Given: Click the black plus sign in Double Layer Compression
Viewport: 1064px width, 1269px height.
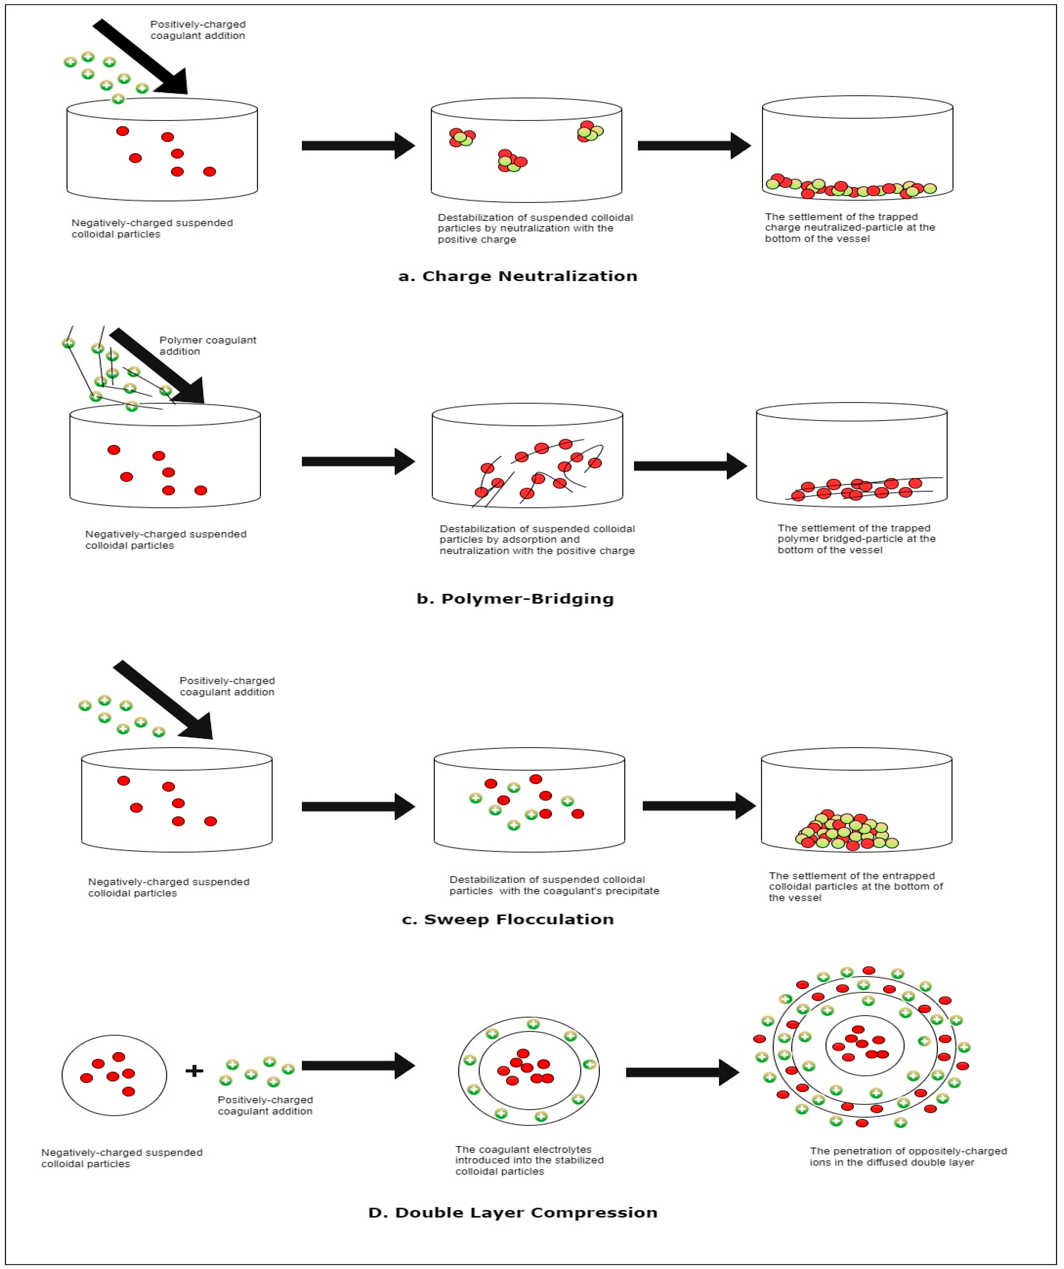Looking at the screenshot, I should pyautogui.click(x=194, y=1071).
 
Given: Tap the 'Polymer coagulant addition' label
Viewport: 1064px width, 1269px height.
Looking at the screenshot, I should pyautogui.click(x=207, y=346).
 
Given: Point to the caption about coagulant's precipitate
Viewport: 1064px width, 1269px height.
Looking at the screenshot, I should pyautogui.click(x=553, y=885).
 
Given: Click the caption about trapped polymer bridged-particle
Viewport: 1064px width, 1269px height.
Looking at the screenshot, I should pyautogui.click(x=856, y=539).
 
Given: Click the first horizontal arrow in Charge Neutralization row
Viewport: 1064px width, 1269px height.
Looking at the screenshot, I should pyautogui.click(x=358, y=146).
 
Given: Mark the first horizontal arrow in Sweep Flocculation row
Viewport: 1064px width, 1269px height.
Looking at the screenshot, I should pyautogui.click(x=358, y=807).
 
